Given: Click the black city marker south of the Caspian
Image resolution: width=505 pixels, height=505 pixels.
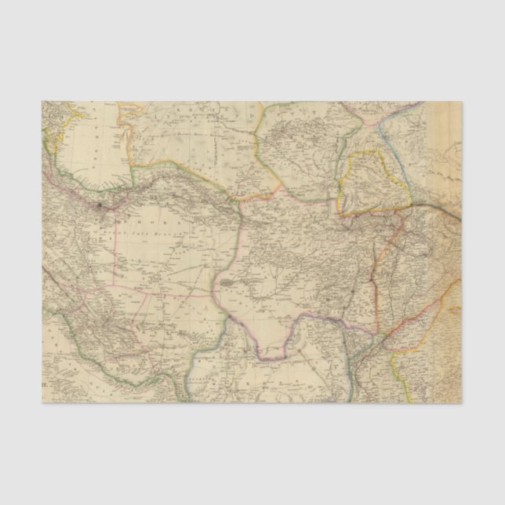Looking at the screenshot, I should [100, 206].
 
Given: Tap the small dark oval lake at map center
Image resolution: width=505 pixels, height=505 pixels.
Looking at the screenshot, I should [227, 282].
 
